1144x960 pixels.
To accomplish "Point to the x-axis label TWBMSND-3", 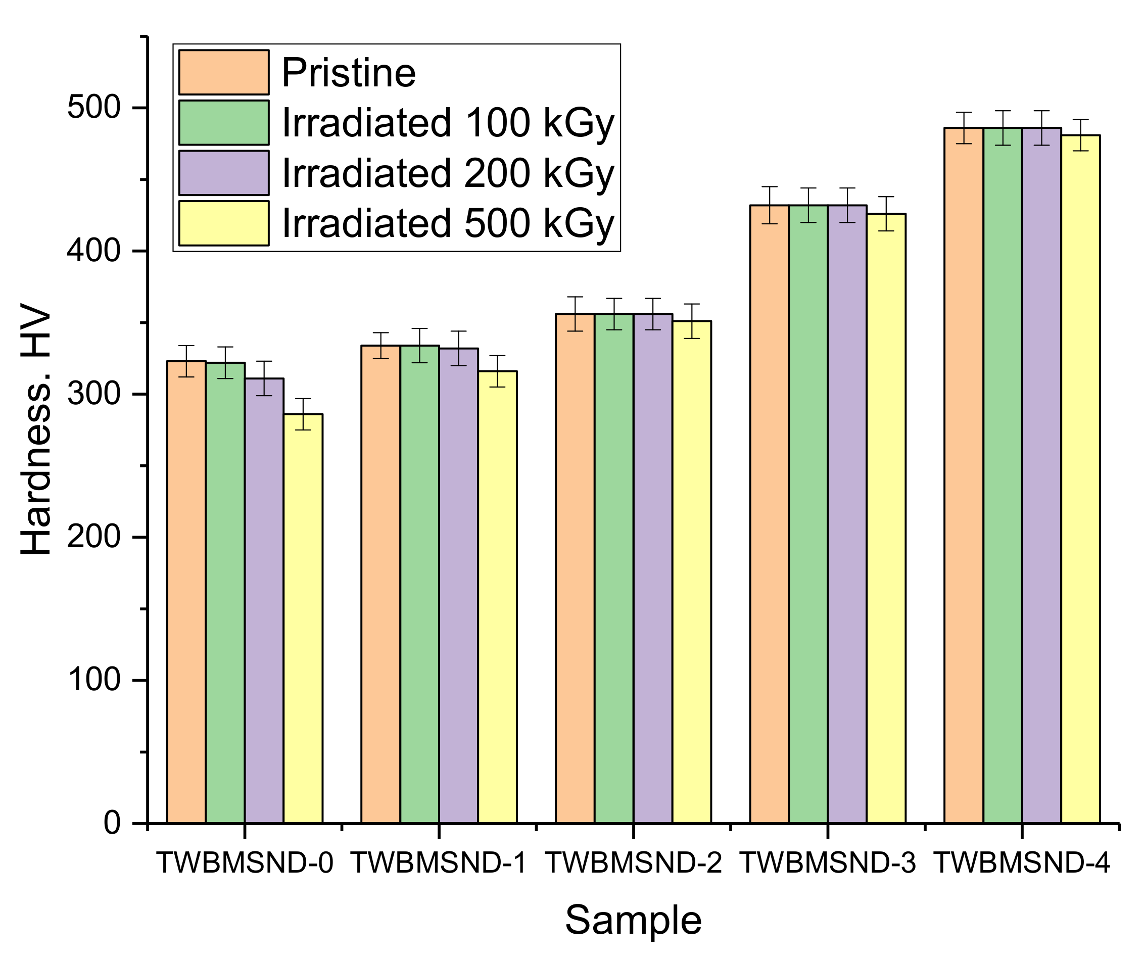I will [x=828, y=862].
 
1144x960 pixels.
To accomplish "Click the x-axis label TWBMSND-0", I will [x=245, y=862].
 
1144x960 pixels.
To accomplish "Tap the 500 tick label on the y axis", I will [x=93, y=107].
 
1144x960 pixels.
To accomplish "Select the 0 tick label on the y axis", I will [x=112, y=823].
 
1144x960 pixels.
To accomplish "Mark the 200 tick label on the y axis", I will [x=93, y=537].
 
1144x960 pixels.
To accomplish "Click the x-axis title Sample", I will [x=633, y=920].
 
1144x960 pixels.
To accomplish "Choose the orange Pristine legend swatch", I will [x=223, y=72].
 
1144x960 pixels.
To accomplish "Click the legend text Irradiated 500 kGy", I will [x=448, y=223].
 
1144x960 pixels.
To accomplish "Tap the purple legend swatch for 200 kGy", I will [x=223, y=173].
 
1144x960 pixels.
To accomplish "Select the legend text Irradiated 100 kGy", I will [x=448, y=123].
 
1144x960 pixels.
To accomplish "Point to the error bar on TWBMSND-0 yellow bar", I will [x=303, y=414].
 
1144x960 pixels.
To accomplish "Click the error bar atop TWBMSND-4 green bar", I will [x=1003, y=128].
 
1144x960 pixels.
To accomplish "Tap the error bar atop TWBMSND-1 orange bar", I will [x=381, y=346].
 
